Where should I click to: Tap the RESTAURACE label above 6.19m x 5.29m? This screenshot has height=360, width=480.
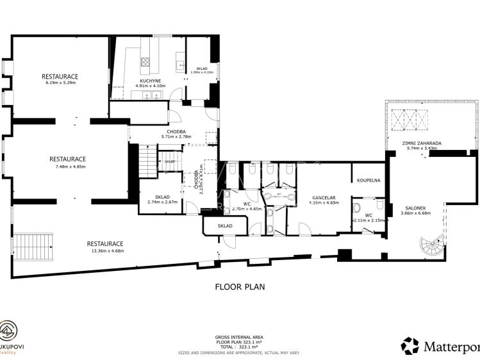pos(60,76)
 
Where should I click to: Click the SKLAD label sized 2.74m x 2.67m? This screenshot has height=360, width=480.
pos(162,197)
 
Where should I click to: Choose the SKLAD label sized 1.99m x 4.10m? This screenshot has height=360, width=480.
pos(202,69)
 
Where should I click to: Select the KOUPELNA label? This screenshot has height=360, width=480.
pos(369,181)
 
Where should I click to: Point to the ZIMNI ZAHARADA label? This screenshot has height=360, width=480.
pos(421,143)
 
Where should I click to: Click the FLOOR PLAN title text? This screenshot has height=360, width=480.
pos(240,287)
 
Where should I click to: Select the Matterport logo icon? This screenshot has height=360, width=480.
pos(410,346)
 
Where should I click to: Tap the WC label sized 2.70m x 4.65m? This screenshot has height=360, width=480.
pos(247,204)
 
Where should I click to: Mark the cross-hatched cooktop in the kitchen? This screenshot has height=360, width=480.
pos(145,63)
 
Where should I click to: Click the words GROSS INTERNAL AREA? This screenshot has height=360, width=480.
pos(240,337)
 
